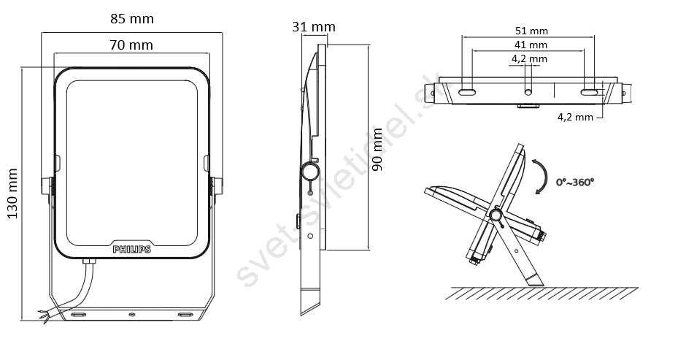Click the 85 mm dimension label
click(x=131, y=19)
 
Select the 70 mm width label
click(x=131, y=45)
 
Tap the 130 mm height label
click(x=12, y=194)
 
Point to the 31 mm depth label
click(x=314, y=27)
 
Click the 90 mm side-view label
click(x=377, y=150)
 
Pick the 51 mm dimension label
click(x=531, y=31)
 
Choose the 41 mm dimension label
click(x=531, y=45)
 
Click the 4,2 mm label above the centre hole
click(x=529, y=58)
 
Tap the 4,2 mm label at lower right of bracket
click(x=575, y=118)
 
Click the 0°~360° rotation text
click(x=575, y=182)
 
